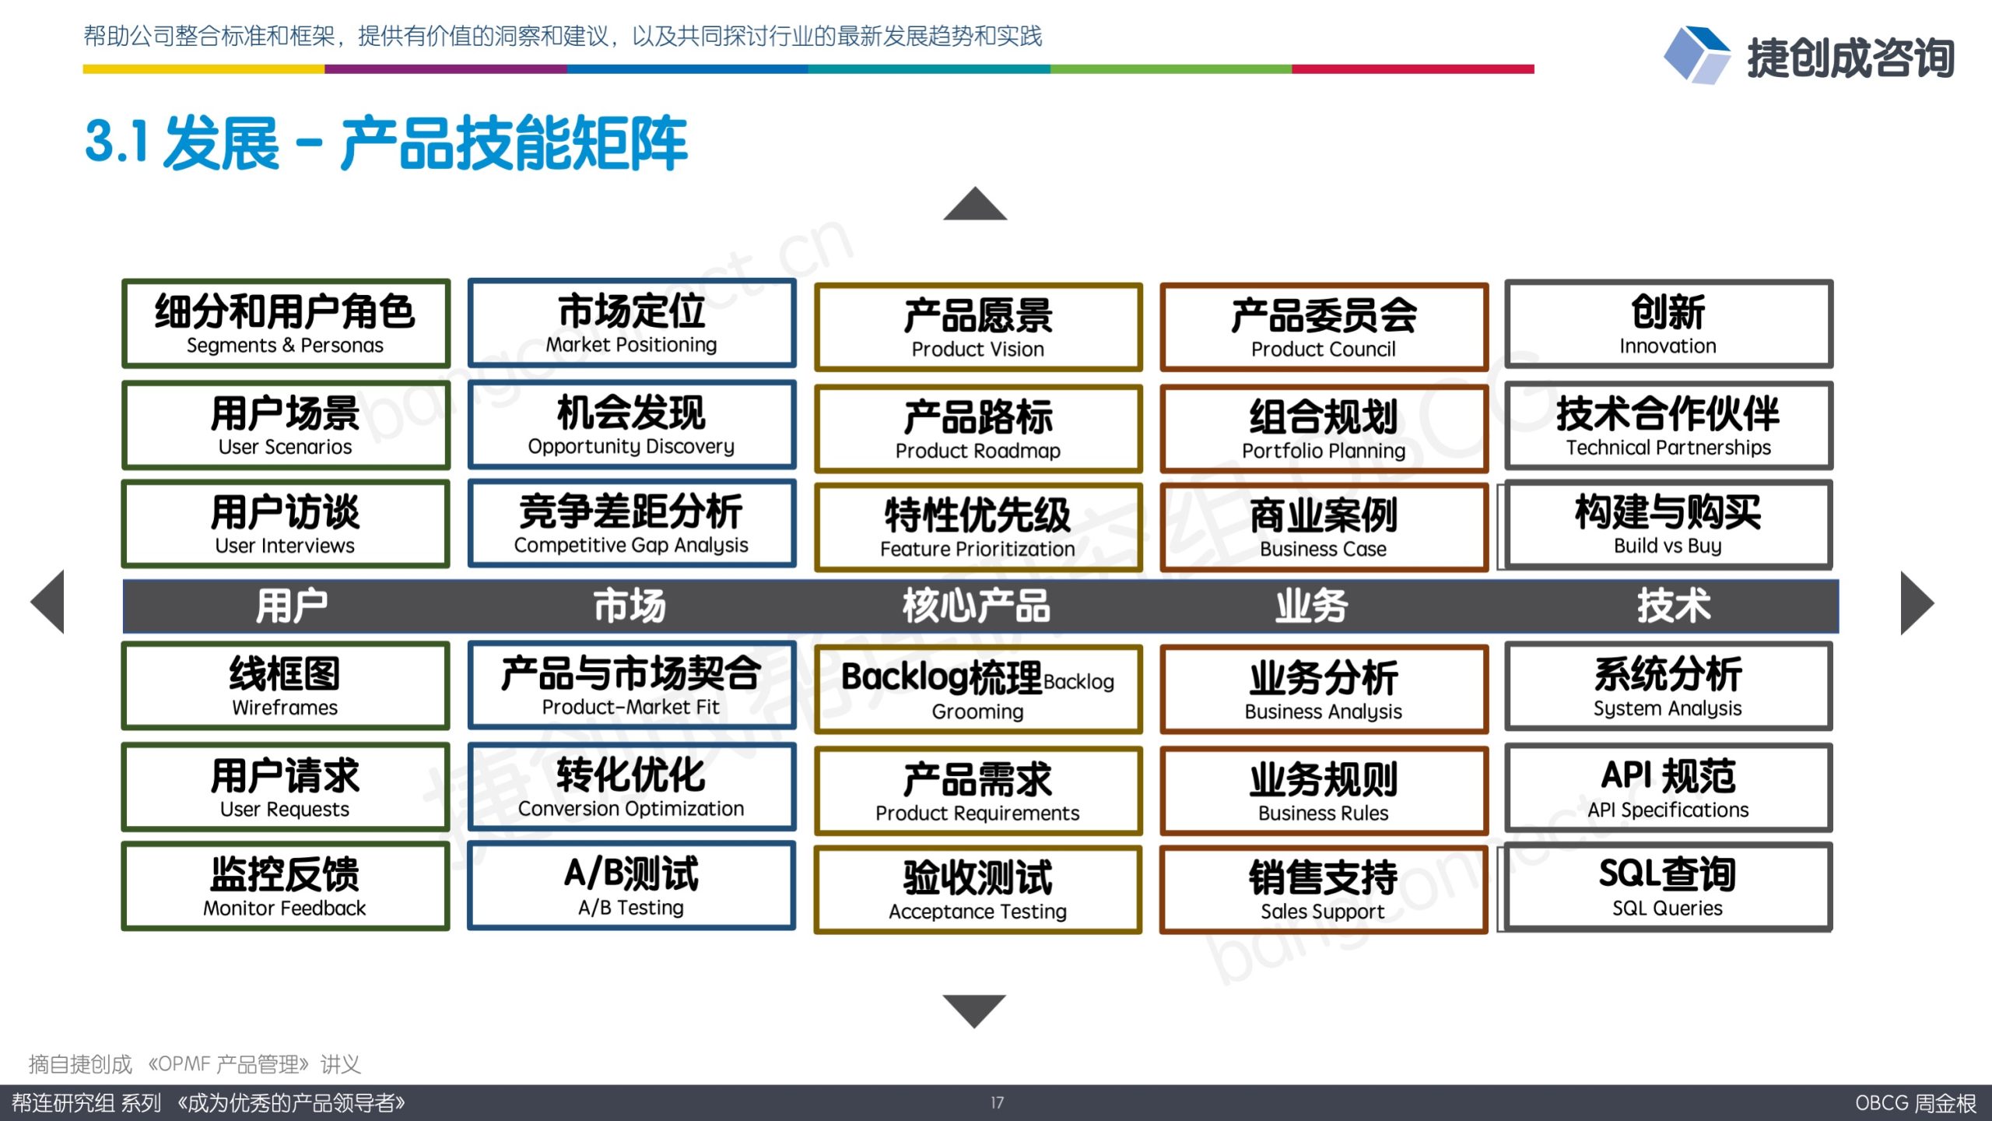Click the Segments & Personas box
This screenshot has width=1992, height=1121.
coord(286,323)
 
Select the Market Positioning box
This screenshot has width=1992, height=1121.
coord(631,322)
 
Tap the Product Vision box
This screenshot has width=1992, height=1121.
coord(978,327)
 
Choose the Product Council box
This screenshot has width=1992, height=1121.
coord(1324,327)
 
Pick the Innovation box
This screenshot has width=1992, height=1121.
coord(1668,324)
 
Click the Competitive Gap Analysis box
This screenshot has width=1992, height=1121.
coord(631,523)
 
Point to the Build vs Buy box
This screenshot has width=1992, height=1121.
coord(1668,524)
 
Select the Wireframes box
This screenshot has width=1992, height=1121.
coord(286,686)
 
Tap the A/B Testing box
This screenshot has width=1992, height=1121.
coord(631,885)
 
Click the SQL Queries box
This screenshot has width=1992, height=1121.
coord(1668,887)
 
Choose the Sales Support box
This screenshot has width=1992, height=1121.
coord(1324,890)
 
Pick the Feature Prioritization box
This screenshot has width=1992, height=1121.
coord(978,527)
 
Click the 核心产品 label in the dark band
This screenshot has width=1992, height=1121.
coord(977,606)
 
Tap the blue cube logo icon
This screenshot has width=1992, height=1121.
coord(1696,54)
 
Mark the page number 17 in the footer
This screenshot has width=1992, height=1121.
coord(997,1102)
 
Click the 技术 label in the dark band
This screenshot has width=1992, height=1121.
coord(1674,605)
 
